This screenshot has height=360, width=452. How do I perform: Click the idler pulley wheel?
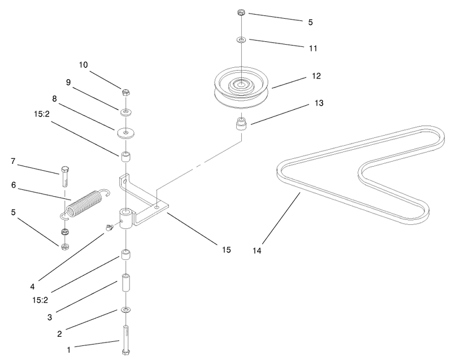(x=242, y=88)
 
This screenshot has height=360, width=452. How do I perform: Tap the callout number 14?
(x=257, y=251)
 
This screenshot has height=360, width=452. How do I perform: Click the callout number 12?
(x=316, y=76)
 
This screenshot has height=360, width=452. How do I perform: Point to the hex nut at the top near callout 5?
(x=241, y=12)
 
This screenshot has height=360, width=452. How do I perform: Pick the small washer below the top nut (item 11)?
(x=241, y=40)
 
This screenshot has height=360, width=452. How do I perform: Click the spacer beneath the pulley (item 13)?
(x=242, y=124)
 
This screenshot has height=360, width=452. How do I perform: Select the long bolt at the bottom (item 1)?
(x=126, y=340)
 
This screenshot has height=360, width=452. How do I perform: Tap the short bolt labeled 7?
(x=66, y=176)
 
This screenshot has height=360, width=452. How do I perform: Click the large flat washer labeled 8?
(x=126, y=133)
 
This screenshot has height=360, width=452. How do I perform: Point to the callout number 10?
(x=83, y=65)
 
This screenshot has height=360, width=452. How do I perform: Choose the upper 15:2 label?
(x=42, y=114)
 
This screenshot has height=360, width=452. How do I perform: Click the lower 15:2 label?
(x=40, y=300)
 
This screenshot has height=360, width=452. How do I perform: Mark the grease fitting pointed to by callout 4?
(x=108, y=228)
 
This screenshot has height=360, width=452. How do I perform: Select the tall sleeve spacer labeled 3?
(x=126, y=283)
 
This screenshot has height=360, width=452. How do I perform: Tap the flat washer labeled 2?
(x=126, y=310)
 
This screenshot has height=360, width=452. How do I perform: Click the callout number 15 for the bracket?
(x=227, y=250)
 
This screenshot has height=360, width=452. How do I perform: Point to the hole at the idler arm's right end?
(x=157, y=207)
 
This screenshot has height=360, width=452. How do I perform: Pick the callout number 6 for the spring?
(x=14, y=185)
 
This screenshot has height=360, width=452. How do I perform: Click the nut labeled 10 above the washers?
(x=125, y=92)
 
